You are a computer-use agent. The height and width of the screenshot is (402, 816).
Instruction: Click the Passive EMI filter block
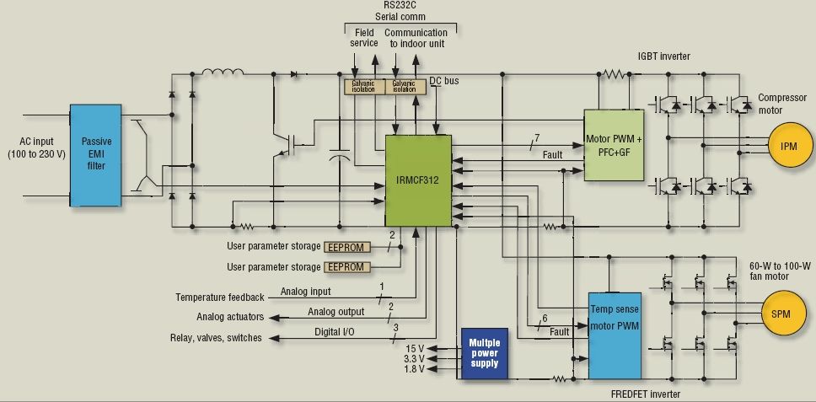pos(96,155)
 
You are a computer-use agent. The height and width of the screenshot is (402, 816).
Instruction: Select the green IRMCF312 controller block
pos(418,181)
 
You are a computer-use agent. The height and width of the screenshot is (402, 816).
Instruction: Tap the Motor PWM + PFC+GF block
pos(614,145)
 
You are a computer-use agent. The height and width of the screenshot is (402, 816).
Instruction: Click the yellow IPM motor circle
pos(790,146)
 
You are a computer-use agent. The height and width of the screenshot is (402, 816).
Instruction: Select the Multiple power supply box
pos(485,353)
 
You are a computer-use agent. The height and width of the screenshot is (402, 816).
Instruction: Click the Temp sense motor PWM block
pos(615,335)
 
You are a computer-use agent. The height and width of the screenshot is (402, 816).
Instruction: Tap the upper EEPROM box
pos(347,247)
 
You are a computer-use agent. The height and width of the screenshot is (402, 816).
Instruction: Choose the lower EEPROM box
pos(347,267)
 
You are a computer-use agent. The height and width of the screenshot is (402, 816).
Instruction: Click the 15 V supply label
pos(415,348)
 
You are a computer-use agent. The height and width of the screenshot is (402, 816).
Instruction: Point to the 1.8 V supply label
pos(414,369)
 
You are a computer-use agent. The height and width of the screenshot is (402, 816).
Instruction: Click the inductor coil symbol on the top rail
pos(223,72)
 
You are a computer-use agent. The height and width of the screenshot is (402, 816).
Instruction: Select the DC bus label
pos(444,81)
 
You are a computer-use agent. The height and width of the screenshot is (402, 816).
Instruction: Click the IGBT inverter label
pos(664,56)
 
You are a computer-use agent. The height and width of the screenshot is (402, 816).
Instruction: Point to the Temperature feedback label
pos(220,297)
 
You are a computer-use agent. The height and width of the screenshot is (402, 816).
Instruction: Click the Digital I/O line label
pos(335,332)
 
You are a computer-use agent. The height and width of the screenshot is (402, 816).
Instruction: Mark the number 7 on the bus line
pos(537,137)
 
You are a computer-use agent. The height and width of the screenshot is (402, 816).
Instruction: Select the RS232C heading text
pos(400,6)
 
